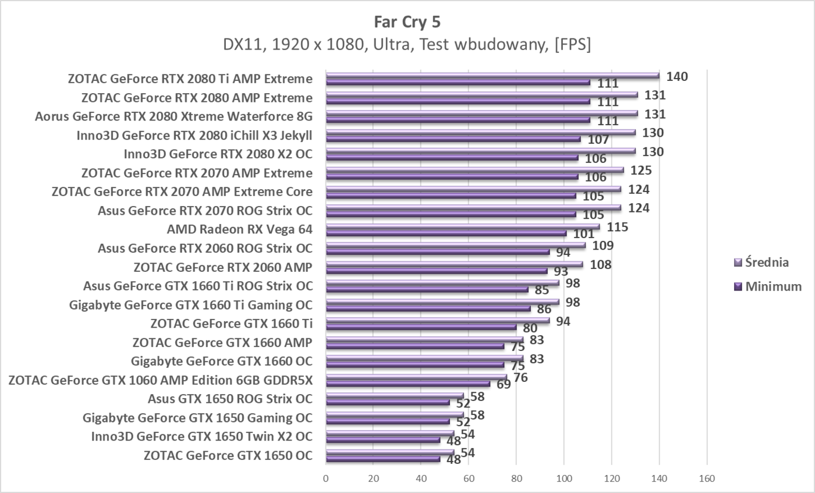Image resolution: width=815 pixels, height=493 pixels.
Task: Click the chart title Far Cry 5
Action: [407, 22]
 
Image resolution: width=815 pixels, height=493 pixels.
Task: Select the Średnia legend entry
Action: [767, 262]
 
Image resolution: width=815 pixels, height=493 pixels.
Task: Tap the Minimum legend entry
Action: [773, 286]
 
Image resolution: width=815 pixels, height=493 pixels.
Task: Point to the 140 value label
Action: [678, 76]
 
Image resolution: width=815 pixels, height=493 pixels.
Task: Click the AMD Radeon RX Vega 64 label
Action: [239, 229]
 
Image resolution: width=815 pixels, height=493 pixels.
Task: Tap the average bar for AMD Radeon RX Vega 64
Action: [462, 226]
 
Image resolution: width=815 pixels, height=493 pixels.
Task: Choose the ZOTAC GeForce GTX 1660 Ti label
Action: [231, 324]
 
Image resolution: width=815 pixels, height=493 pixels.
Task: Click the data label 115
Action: [617, 227]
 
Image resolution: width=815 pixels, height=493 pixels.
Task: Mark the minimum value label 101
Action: [583, 234]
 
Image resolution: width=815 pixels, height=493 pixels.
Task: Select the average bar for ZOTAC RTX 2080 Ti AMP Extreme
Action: [492, 76]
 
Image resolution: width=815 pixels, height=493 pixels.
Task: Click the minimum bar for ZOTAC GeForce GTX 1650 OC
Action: [382, 459]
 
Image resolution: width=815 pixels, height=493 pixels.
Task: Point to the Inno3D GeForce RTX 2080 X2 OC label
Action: [218, 154]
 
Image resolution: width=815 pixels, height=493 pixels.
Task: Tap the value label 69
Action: [504, 385]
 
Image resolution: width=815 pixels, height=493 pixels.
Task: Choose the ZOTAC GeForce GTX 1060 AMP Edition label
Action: [161, 380]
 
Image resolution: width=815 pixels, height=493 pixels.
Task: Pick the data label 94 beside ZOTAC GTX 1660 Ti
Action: [563, 321]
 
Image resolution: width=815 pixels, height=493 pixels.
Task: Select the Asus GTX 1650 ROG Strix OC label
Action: [230, 399]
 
